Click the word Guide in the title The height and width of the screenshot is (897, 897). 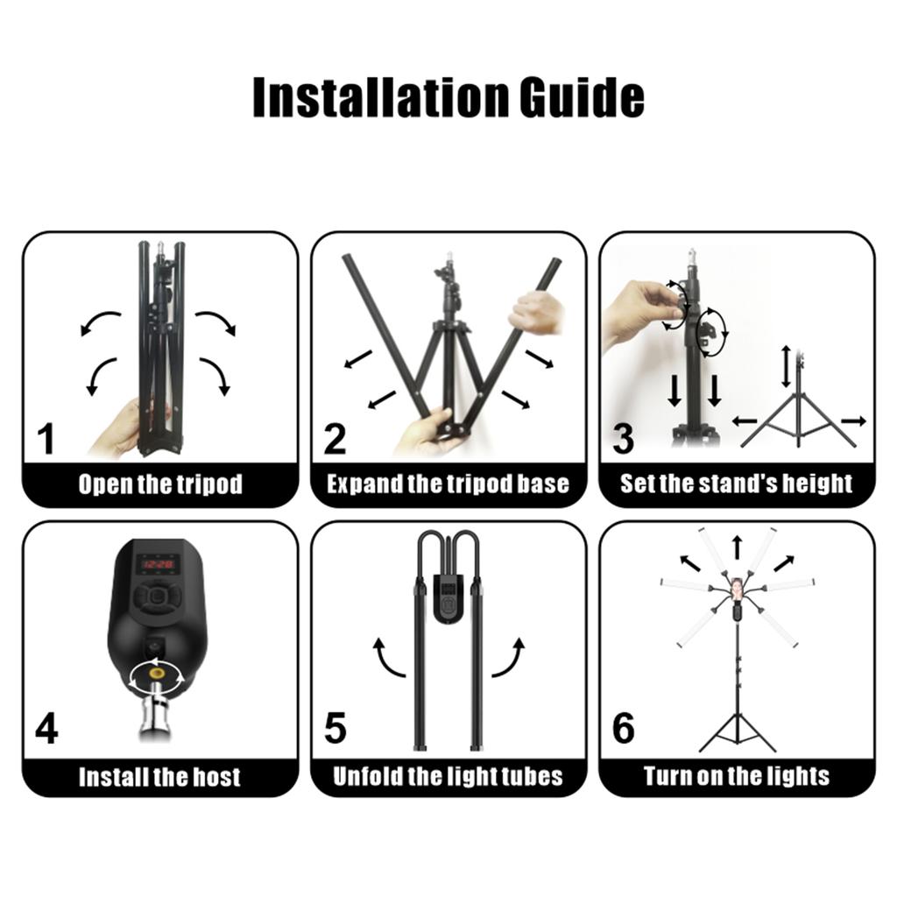coord(582,97)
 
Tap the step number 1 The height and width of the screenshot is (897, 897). coord(46,440)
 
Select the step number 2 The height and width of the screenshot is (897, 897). coord(335,440)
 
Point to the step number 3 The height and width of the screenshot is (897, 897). coord(623,440)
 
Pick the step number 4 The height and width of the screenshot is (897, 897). coord(46,728)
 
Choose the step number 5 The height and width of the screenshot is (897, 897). coord(335,728)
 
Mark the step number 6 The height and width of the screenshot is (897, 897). coord(624,728)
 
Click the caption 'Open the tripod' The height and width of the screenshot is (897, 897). coord(161,484)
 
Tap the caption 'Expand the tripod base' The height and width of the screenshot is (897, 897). coord(448,484)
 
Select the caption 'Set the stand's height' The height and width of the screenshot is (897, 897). coord(737,484)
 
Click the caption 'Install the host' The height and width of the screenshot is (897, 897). coord(159,777)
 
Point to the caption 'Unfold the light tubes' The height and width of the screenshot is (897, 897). coord(448,776)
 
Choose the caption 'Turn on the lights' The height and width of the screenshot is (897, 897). coord(737,776)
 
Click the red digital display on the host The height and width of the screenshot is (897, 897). coord(158,565)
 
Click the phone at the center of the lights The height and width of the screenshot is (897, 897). coord(738,591)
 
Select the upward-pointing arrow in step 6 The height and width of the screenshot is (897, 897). coord(738,547)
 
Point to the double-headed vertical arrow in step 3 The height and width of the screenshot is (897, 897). coord(787,366)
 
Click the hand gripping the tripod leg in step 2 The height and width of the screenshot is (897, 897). coord(537,314)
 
